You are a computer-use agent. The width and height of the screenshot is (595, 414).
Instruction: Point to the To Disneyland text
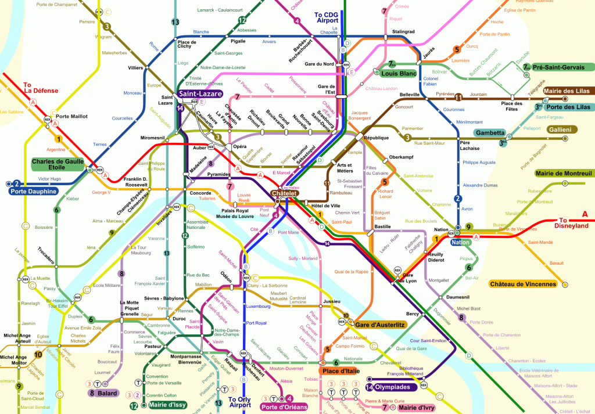[x=573, y=223]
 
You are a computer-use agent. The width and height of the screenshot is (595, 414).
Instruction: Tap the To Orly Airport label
[x=241, y=402]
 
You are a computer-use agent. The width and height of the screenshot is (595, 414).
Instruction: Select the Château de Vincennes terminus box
[x=523, y=284]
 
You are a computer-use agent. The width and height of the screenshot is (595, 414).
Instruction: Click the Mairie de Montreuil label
[x=563, y=173]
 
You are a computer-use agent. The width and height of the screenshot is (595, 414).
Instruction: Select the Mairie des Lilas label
[x=567, y=91]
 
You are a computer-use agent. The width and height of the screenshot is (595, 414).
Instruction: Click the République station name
[x=375, y=138]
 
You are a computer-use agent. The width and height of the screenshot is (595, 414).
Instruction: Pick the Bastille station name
[x=382, y=226]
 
